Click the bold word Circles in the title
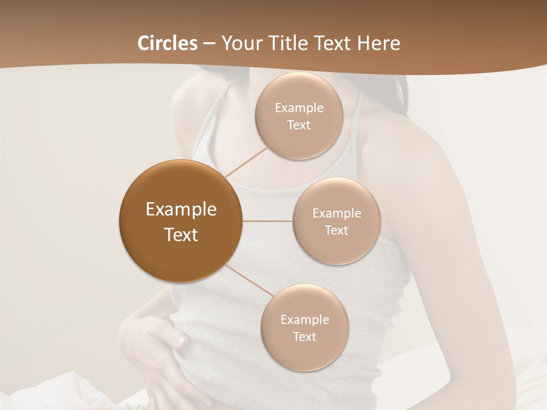(168, 43)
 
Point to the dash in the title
(209, 44)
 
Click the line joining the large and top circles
(246, 162)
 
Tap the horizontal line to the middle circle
(267, 221)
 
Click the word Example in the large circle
(181, 210)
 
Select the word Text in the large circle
(181, 235)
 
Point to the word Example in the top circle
(299, 108)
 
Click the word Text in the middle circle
(336, 231)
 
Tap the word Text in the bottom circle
(304, 337)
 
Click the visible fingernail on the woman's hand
(181, 341)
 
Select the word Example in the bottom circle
(305, 320)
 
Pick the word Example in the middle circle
(337, 214)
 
